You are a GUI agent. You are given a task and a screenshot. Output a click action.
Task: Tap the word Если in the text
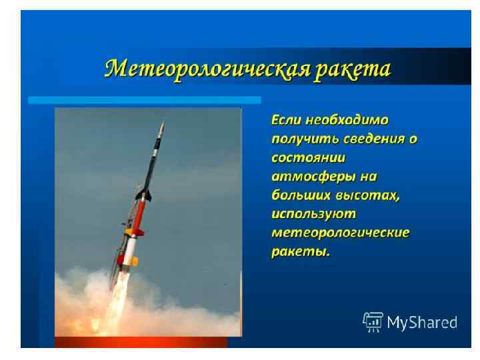285,121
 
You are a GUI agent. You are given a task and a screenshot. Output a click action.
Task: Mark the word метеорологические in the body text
341,234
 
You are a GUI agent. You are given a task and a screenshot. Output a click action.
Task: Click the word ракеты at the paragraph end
301,253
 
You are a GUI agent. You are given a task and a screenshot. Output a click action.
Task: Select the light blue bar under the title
144,99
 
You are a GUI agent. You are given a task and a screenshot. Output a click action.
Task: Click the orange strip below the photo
141,342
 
